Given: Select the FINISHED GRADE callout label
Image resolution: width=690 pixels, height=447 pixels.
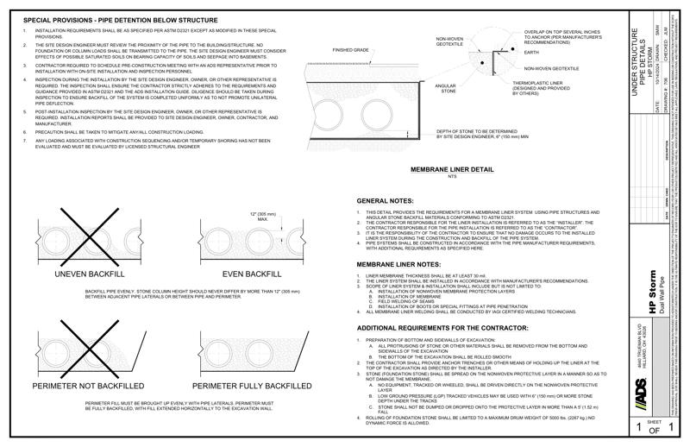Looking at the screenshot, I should (x=351, y=51).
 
